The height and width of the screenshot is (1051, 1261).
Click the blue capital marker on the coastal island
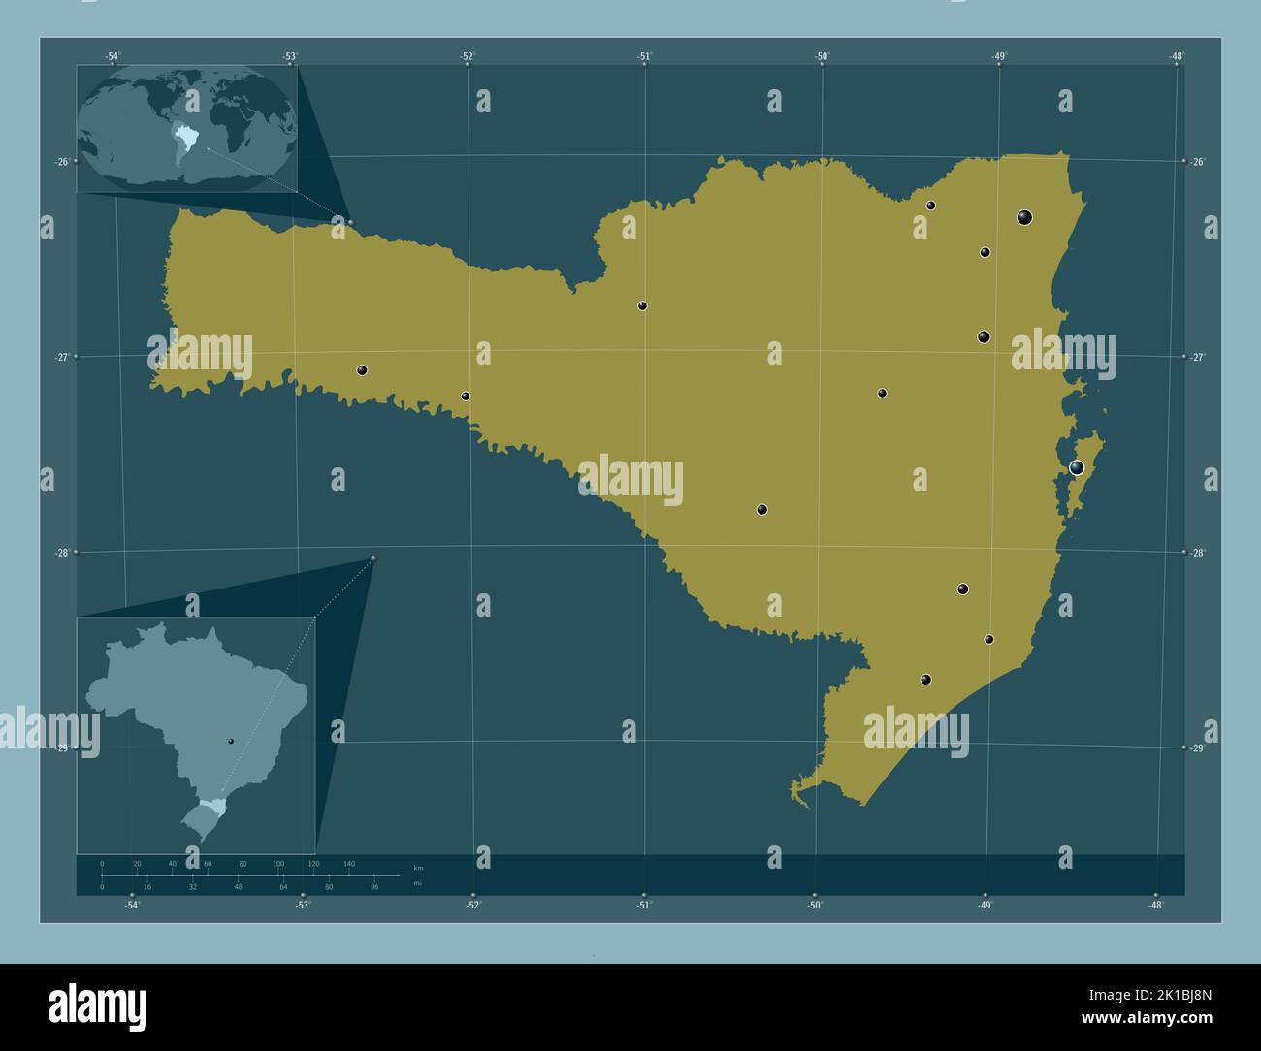point(1076,468)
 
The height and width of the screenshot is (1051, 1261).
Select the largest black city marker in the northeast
point(1024,217)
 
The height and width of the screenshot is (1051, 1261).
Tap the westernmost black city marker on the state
point(362,370)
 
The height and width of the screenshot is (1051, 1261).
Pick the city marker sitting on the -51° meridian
point(642,306)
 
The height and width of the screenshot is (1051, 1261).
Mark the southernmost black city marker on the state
point(925,680)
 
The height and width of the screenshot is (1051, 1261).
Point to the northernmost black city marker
point(930,206)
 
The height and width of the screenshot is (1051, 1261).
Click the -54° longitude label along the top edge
point(113,56)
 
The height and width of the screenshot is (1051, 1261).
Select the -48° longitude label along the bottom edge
point(1155,906)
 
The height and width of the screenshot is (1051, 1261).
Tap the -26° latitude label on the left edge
point(62,162)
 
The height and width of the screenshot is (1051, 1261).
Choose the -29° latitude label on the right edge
point(1197,748)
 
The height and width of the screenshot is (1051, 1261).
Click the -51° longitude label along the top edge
point(645,56)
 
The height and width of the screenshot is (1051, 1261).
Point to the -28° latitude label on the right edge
point(1197,553)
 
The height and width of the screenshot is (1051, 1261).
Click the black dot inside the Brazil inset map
point(231,741)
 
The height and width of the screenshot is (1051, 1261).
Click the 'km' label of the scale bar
point(418,867)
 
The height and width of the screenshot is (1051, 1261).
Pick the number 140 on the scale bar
point(348,863)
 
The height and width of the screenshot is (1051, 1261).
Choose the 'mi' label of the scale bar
point(417,883)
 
